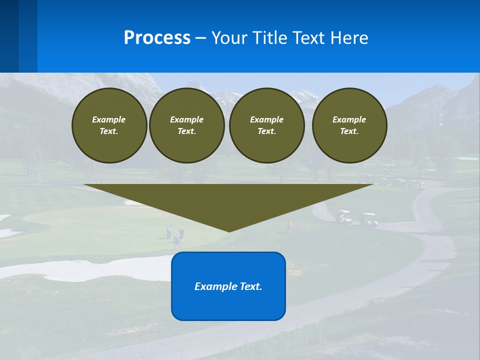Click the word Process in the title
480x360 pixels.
(x=157, y=37)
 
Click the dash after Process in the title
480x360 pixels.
(x=201, y=38)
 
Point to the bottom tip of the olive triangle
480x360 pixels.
(x=229, y=230)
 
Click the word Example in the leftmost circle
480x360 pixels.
(x=108, y=119)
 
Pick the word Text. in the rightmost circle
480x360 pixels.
(x=349, y=131)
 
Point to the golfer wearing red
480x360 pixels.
(x=289, y=225)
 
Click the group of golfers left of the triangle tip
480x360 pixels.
(x=176, y=235)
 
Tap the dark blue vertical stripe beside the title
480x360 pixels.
(x=9, y=36)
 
